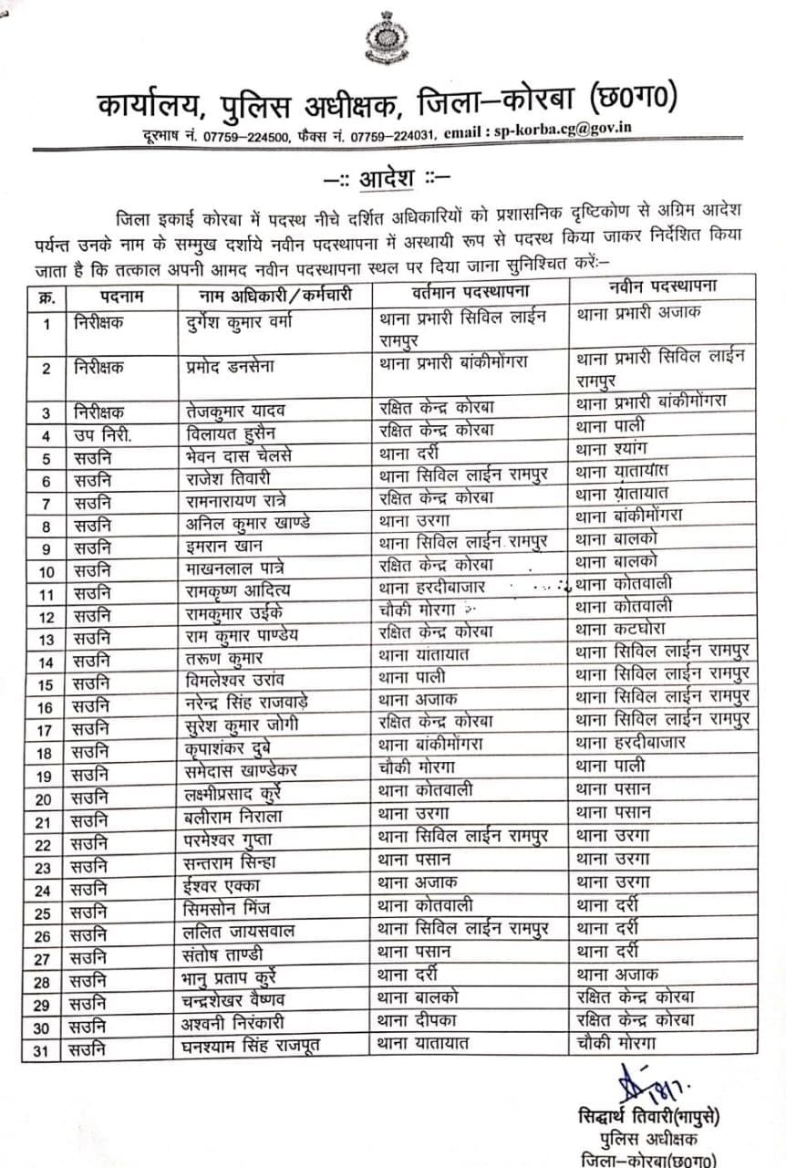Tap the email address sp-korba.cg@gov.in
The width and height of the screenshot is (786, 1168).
(563, 130)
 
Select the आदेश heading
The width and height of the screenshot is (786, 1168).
(393, 174)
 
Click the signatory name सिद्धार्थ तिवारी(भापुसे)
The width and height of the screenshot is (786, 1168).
(650, 1118)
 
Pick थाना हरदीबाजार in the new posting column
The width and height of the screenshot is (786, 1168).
(630, 742)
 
